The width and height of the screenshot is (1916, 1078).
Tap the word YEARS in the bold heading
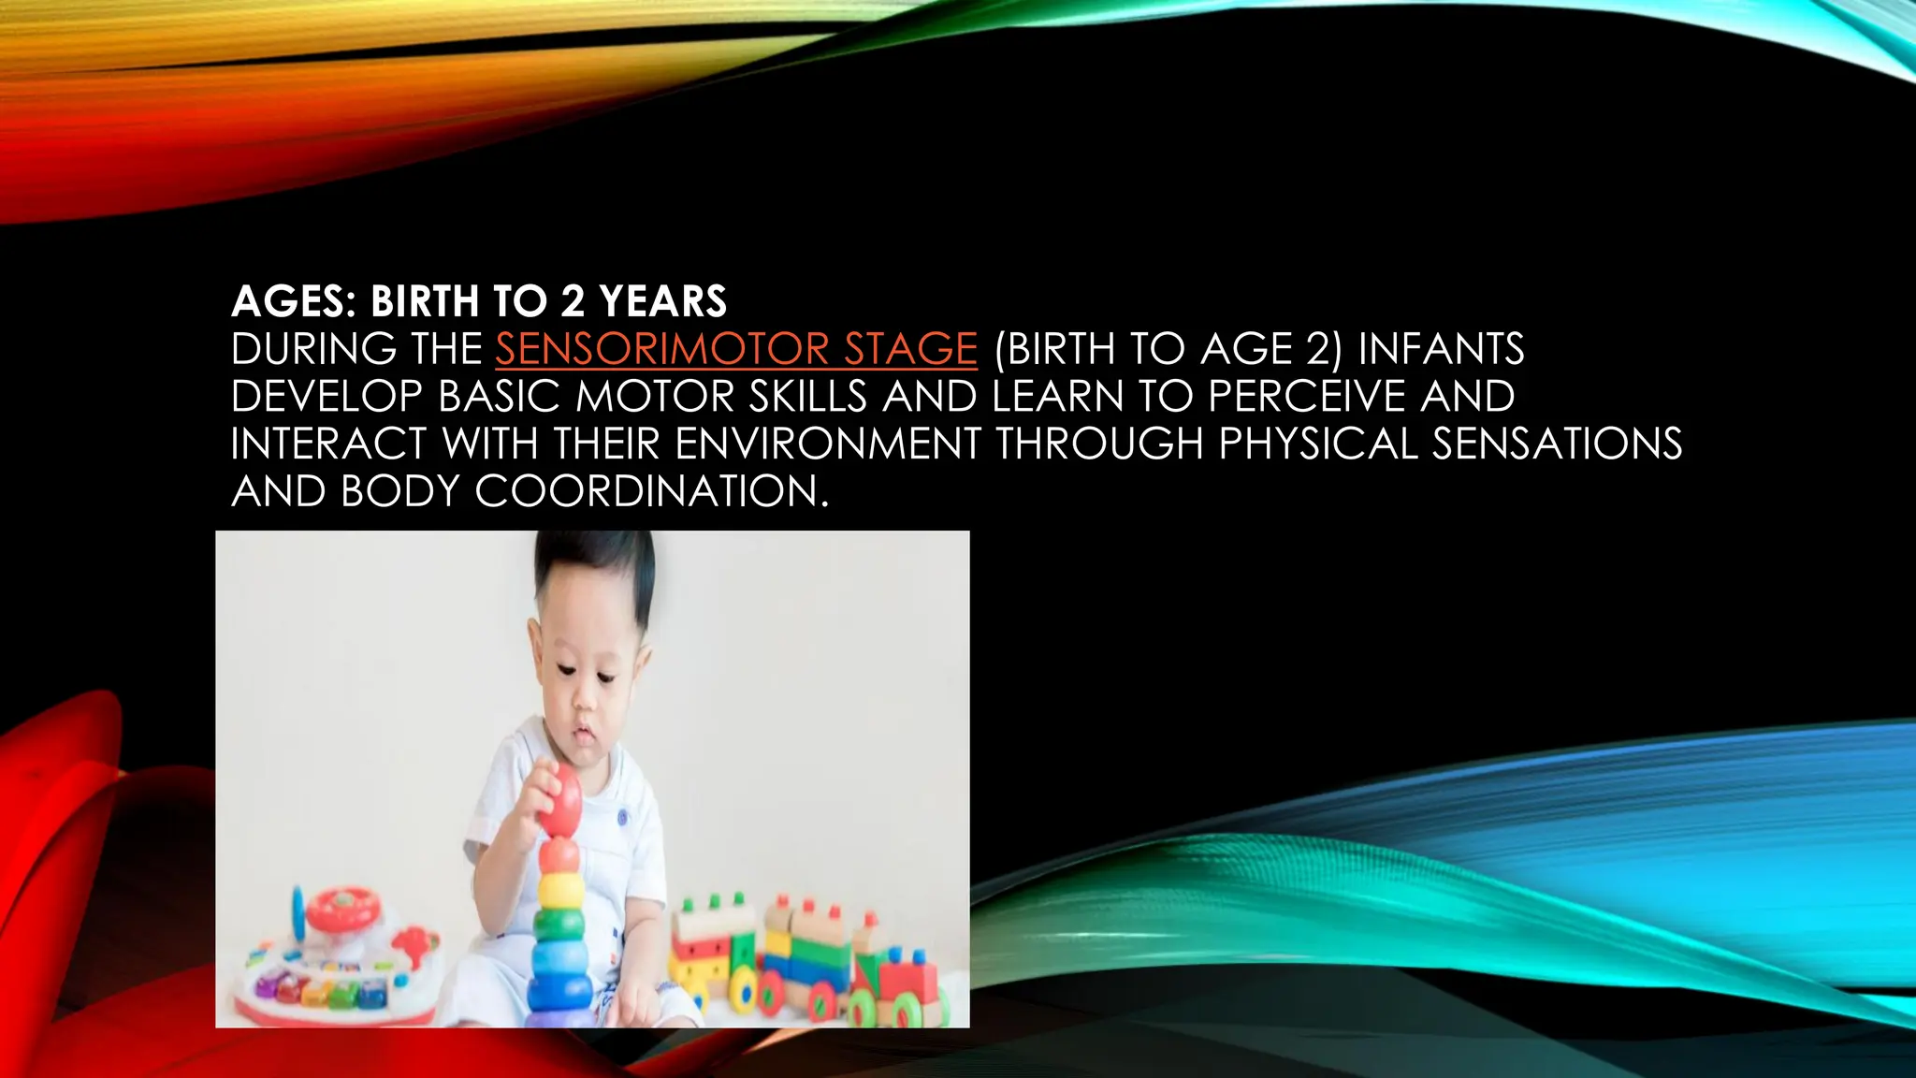pyautogui.click(x=662, y=301)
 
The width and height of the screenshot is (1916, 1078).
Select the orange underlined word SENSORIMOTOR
pyautogui.click(x=661, y=349)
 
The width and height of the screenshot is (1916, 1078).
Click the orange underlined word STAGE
pyautogui.click(x=910, y=349)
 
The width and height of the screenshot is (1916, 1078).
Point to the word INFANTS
pyautogui.click(x=1441, y=349)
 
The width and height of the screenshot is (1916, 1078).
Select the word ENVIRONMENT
pyautogui.click(x=827, y=444)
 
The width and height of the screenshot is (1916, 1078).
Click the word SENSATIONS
pyautogui.click(x=1557, y=444)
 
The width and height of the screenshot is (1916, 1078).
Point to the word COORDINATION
pyautogui.click(x=652, y=491)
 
